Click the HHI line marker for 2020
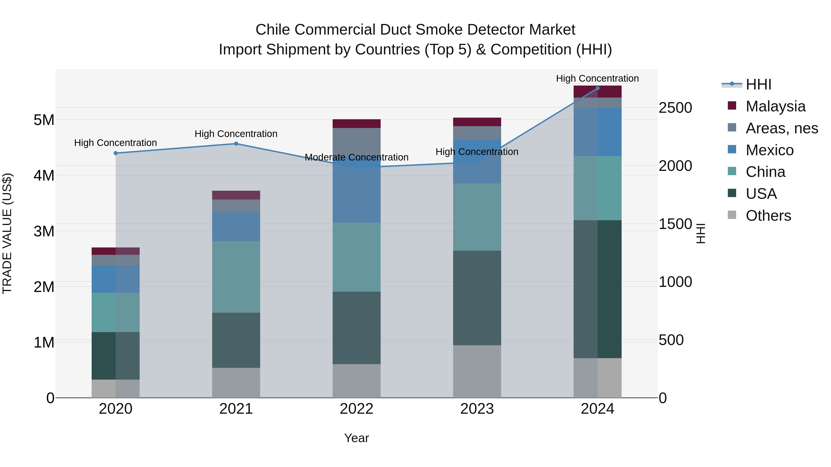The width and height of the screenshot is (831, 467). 115,153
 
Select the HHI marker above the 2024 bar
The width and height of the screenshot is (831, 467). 597,88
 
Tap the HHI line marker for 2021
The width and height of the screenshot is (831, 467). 236,144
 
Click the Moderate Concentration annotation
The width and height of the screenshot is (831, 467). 356,157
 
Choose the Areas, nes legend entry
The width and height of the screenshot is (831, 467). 781,128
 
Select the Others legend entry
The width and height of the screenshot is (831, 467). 768,216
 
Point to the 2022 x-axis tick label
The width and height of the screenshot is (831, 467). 356,409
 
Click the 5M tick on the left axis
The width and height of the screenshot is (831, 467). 44,120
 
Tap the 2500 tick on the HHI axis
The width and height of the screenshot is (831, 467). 675,108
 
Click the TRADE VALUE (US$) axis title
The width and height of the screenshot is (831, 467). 7,233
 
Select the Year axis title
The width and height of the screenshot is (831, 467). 356,438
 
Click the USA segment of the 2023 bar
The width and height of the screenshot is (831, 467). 477,298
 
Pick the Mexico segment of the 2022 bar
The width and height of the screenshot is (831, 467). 356,190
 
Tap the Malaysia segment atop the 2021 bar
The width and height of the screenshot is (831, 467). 236,195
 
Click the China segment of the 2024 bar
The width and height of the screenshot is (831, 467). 597,188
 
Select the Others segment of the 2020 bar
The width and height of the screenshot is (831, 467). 115,388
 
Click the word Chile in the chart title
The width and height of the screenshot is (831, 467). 273,30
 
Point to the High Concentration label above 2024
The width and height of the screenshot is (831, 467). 597,78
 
